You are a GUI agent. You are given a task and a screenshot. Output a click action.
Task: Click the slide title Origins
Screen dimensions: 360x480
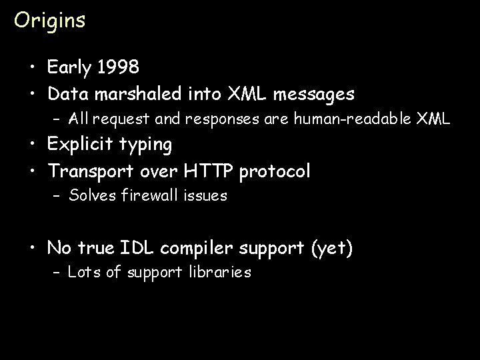(50, 21)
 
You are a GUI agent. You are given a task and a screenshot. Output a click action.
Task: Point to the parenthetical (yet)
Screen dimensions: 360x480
(331, 249)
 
